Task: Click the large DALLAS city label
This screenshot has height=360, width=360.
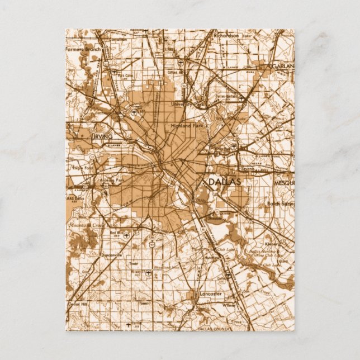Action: tap(224, 182)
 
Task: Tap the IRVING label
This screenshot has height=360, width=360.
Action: tap(103, 136)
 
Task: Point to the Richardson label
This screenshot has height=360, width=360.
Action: tap(226, 35)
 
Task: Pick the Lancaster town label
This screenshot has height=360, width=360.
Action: tap(210, 293)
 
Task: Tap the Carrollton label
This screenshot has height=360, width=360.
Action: tap(117, 40)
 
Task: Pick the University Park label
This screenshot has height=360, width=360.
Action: tap(185, 105)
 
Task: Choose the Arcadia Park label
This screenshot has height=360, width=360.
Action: tap(112, 181)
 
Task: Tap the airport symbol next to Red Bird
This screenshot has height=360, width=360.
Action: tap(128, 235)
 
